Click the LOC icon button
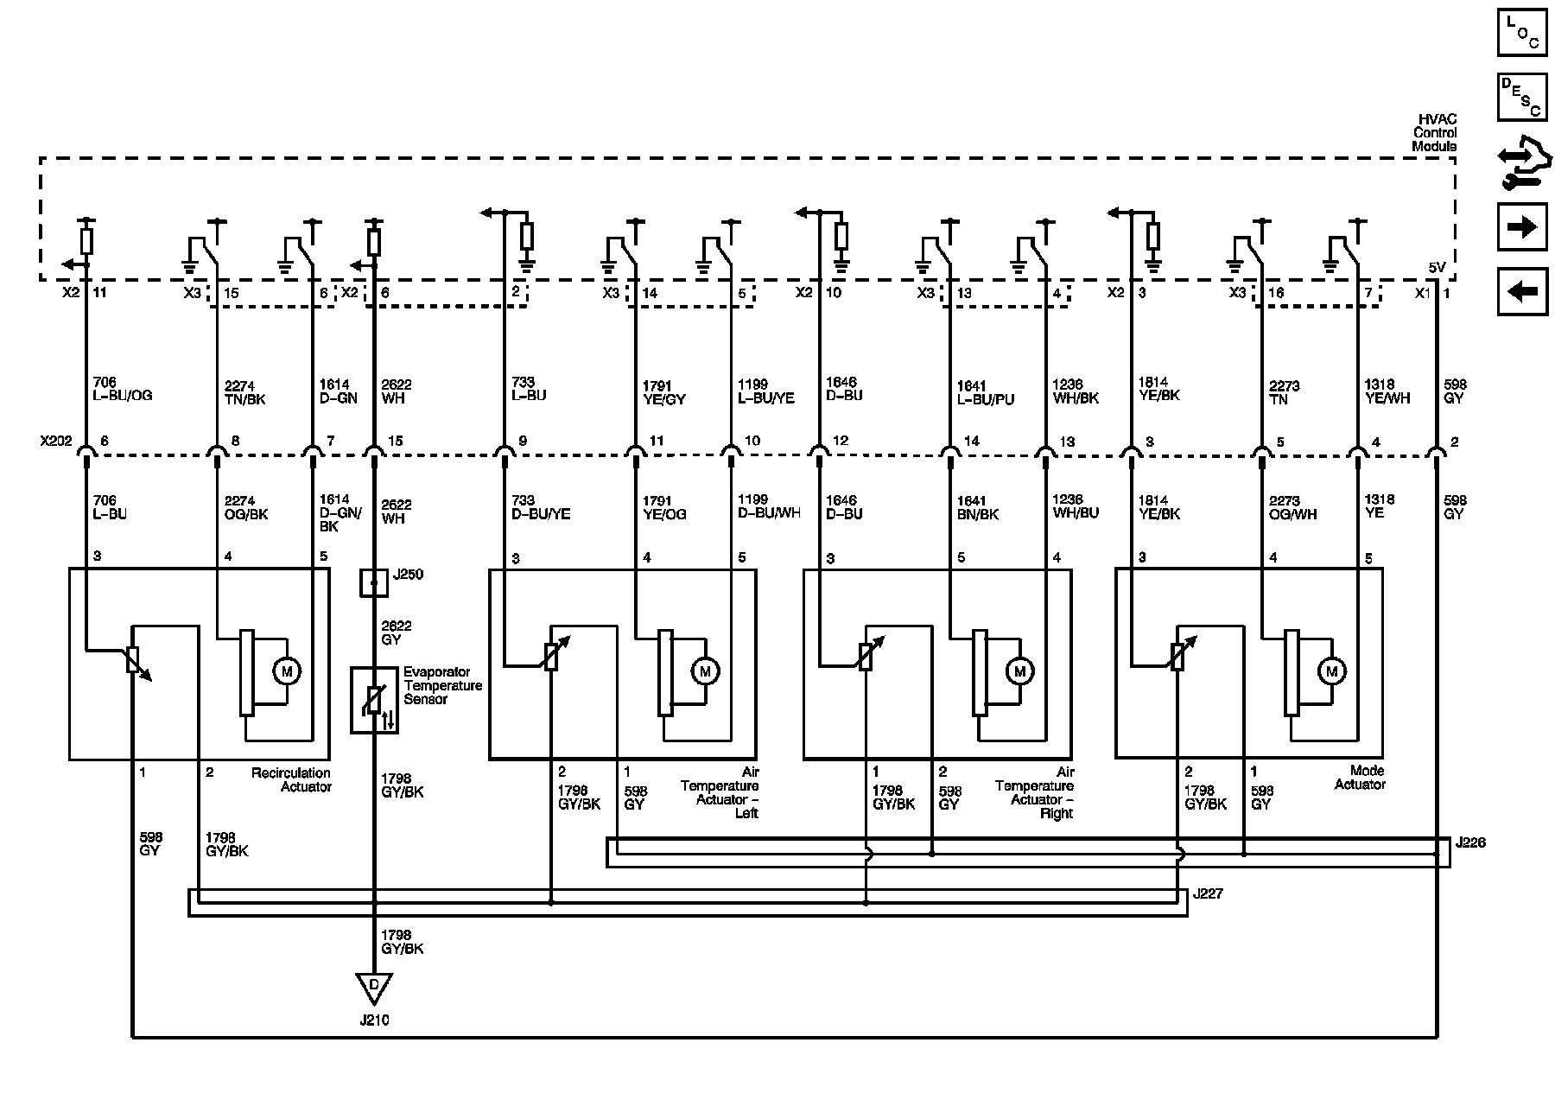click(x=1521, y=33)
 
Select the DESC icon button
click(x=1521, y=97)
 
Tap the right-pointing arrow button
click(x=1521, y=226)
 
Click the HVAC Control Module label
click(x=1434, y=133)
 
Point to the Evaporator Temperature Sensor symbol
click(x=374, y=700)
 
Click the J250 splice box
click(x=374, y=583)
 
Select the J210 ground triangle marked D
click(x=374, y=987)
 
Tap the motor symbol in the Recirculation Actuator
click(x=286, y=671)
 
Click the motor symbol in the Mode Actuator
click(x=1331, y=671)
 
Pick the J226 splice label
click(x=1470, y=842)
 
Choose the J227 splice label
click(x=1207, y=894)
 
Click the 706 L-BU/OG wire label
click(x=122, y=389)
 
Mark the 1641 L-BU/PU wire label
click(x=985, y=393)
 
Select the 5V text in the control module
click(x=1436, y=268)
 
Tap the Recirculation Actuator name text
click(x=291, y=779)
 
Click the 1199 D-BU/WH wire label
click(x=769, y=506)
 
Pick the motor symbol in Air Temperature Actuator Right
click(x=1019, y=671)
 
